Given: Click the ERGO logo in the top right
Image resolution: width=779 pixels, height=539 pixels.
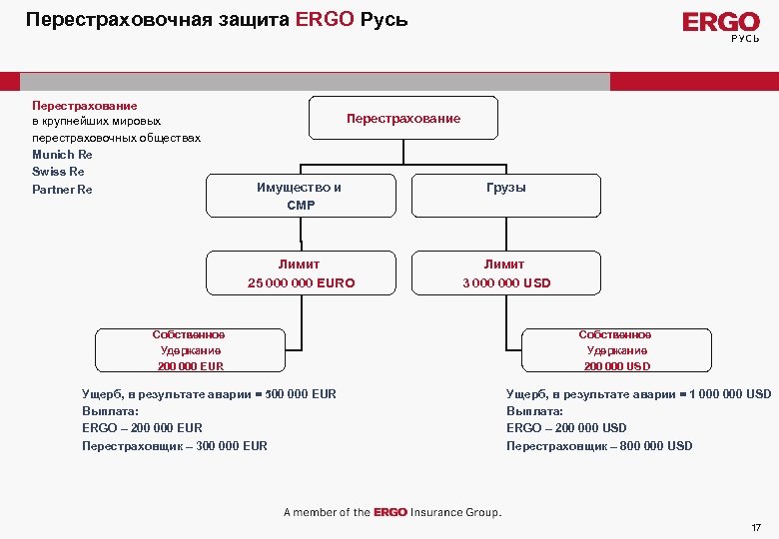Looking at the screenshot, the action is coord(720,24).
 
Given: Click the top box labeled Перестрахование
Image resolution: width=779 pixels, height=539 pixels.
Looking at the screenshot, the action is coord(402,119).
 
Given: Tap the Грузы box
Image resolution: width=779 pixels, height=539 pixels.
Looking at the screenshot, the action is coord(505,189).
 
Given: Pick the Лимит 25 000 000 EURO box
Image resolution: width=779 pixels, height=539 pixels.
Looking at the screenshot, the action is coord(301,273).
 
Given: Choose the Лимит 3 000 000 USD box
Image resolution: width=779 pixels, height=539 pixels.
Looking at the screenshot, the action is coord(505,273).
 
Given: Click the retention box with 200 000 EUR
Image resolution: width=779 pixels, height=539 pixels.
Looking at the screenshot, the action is coord(190,350).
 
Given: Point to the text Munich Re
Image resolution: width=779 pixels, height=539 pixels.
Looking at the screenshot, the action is coord(62,155).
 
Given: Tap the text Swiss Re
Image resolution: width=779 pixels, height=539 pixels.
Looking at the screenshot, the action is coord(58,172).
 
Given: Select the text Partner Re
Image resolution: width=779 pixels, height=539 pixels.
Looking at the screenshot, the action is coord(62,189).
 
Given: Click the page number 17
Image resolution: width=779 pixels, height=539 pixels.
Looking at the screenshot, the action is coord(756,526).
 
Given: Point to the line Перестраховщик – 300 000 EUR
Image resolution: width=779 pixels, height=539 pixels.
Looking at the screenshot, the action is coord(175,446).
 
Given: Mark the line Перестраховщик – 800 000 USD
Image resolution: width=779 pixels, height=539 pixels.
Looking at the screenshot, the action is coord(599,446).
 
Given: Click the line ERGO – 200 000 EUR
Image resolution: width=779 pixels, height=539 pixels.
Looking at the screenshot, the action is coord(142,428).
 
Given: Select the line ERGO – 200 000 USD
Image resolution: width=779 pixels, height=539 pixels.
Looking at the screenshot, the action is coord(566,428).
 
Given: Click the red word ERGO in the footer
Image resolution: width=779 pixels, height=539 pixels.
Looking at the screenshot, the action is coord(390,512).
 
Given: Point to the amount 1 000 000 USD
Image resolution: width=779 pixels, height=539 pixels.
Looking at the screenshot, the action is coord(731,393).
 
